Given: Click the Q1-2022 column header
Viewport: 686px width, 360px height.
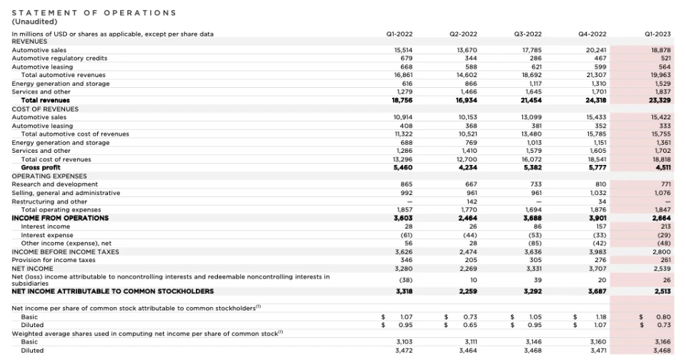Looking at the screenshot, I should (399, 34).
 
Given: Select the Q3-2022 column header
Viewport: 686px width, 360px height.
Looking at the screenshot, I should (527, 34).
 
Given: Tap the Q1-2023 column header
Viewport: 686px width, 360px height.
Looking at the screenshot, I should (657, 34).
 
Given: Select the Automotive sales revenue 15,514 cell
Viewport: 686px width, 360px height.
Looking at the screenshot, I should (404, 50).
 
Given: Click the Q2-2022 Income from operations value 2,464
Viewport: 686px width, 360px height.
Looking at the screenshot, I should (467, 218).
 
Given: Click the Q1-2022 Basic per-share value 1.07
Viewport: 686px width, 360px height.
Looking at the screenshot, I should (407, 316).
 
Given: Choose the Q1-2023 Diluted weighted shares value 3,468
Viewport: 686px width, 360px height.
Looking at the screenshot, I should (660, 351).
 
